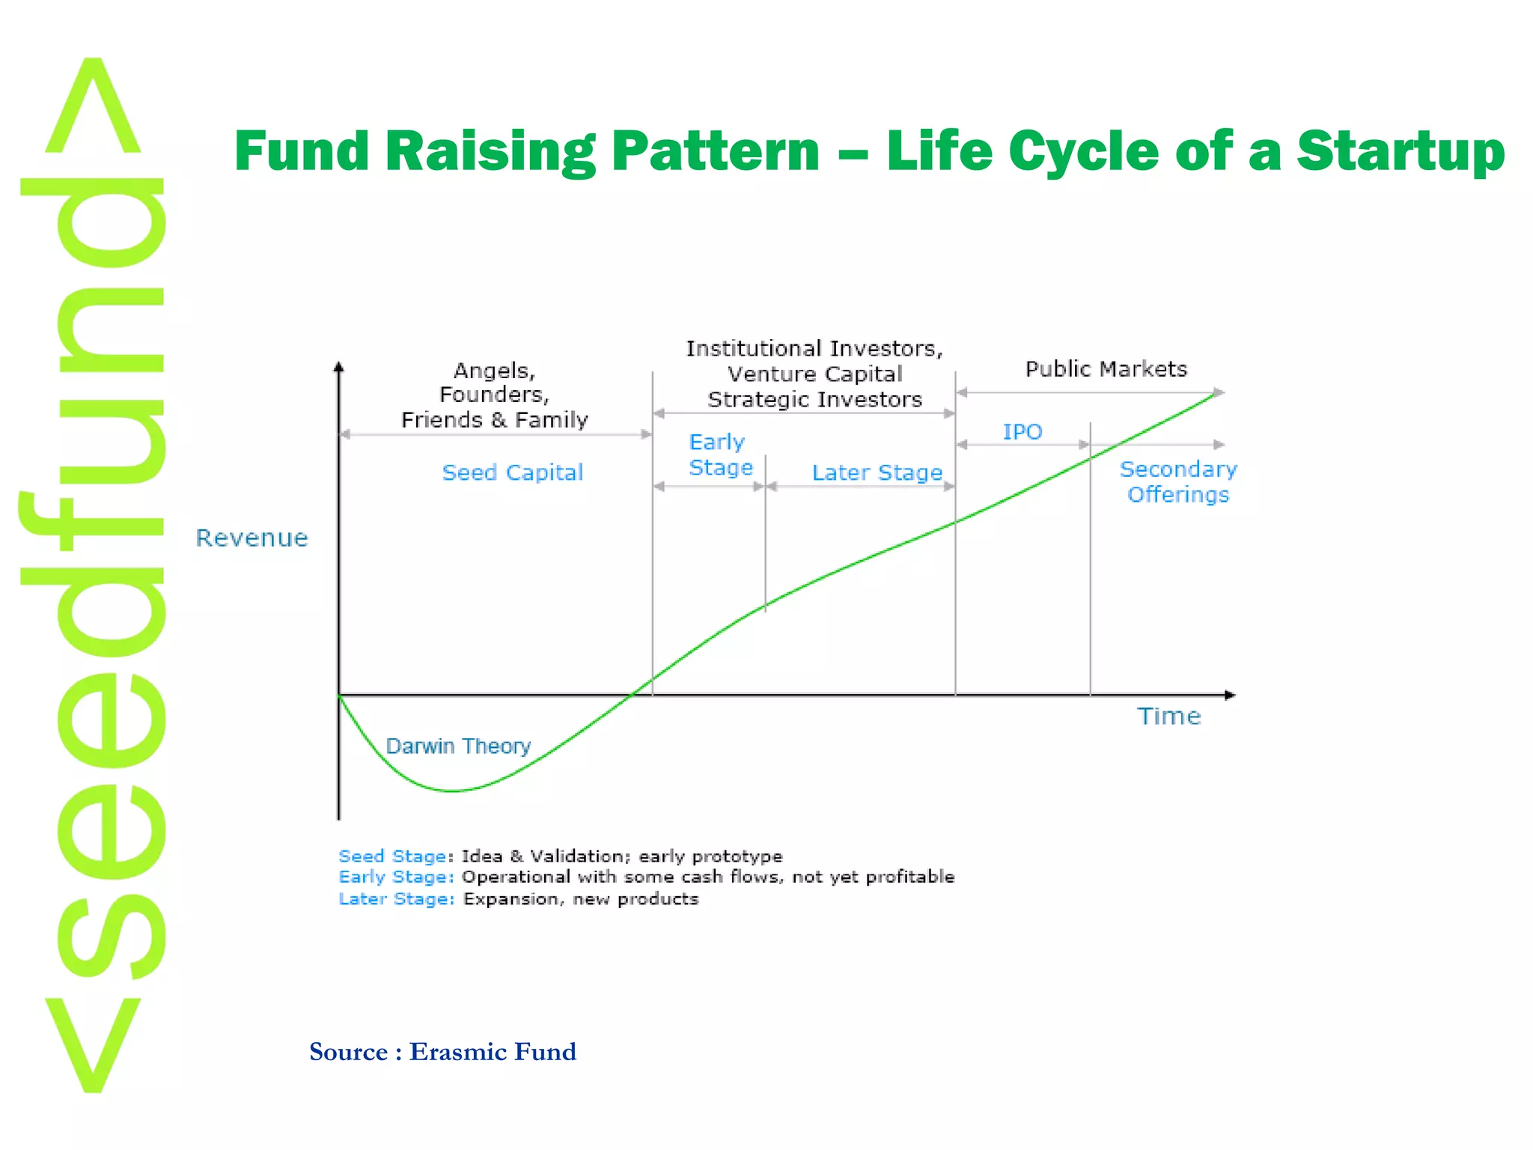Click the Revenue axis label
(x=252, y=538)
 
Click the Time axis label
(x=1168, y=717)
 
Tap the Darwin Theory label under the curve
(x=457, y=746)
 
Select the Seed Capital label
(x=512, y=472)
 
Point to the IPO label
(x=1022, y=432)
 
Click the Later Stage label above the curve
(x=877, y=472)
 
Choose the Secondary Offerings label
(x=1177, y=481)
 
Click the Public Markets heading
(x=1106, y=369)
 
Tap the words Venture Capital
(x=814, y=374)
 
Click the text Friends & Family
(x=494, y=420)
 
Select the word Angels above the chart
(x=493, y=371)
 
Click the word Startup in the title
(x=1400, y=152)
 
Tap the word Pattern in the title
(x=715, y=152)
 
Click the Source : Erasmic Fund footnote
(x=442, y=1052)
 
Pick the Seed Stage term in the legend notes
(x=392, y=856)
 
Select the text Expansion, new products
(x=580, y=898)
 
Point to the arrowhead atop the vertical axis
(x=338, y=367)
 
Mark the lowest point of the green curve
(x=452, y=791)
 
